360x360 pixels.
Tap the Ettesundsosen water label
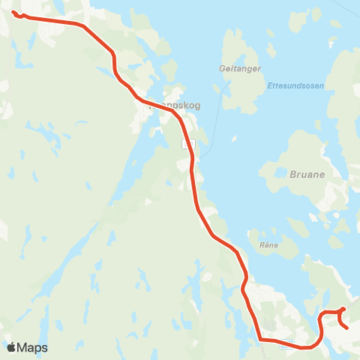pyautogui.click(x=295, y=85)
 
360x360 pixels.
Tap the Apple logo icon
pyautogui.click(x=11, y=347)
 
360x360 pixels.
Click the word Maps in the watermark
pyautogui.click(x=32, y=347)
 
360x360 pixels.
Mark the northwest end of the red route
pyautogui.click(x=14, y=11)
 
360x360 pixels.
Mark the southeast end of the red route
pyautogui.click(x=346, y=327)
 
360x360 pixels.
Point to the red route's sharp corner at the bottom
pyautogui.click(x=261, y=340)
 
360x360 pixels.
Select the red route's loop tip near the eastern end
pyautogui.click(x=343, y=308)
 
